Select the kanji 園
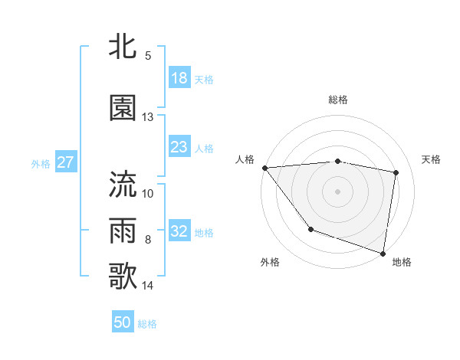[123, 108]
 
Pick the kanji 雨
[123, 230]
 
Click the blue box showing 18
[179, 79]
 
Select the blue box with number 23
[179, 148]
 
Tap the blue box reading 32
[179, 232]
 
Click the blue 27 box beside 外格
[65, 162]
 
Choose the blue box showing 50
[123, 322]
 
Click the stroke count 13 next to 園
[147, 117]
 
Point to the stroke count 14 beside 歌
[148, 286]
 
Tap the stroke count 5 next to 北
[148, 56]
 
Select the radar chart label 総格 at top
[337, 100]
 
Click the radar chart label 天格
[431, 159]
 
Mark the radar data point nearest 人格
[264, 168]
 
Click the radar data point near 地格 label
[383, 253]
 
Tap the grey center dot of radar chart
[337, 191]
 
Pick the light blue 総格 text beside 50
[147, 324]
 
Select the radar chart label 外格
[270, 262]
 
